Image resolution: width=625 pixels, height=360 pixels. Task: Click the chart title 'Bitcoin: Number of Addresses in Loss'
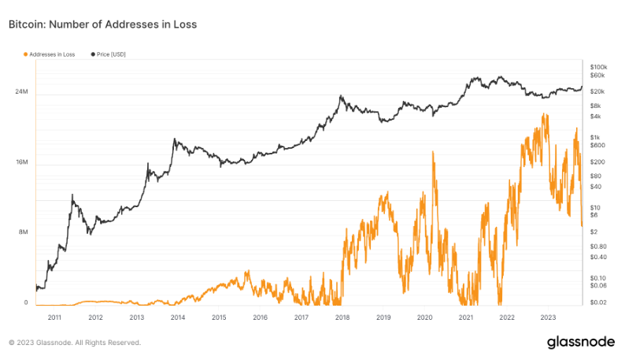pos(102,25)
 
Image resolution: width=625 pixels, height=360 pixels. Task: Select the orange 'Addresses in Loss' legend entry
pos(53,54)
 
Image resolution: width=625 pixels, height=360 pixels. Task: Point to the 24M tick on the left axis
pos(22,92)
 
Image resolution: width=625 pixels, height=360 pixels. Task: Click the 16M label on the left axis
pos(22,162)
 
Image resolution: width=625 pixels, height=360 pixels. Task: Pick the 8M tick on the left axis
pos(24,232)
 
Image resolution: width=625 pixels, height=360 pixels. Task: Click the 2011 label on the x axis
pos(54,317)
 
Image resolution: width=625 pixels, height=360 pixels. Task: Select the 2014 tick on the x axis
pos(178,317)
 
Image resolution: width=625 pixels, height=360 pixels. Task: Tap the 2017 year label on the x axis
pos(301,317)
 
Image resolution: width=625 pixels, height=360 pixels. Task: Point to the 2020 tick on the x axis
pos(425,317)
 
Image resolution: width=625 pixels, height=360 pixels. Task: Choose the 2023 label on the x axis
pos(549,317)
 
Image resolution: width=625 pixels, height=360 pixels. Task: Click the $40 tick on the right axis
pos(594,187)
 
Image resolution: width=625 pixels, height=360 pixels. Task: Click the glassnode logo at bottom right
pos(581,342)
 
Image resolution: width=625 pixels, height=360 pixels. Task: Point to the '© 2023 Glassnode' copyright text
pos(75,343)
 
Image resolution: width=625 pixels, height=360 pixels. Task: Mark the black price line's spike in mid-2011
pos(72,195)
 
